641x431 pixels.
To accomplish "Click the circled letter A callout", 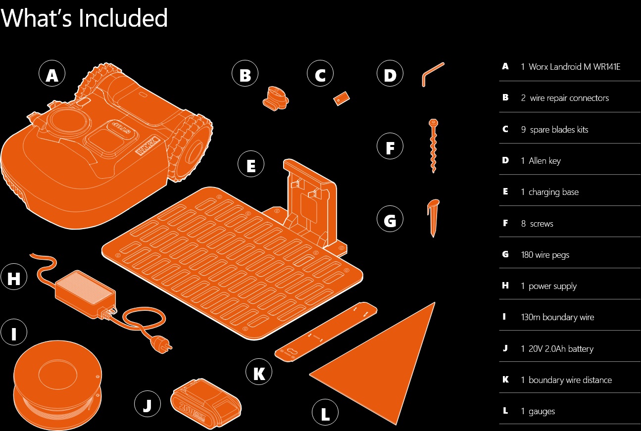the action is click(x=52, y=74).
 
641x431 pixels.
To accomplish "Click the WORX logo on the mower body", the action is click(x=148, y=145).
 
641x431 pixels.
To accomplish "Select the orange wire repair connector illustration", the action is click(x=276, y=98).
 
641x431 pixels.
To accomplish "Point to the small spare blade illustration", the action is click(x=342, y=98).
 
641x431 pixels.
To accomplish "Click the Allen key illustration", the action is click(x=433, y=74).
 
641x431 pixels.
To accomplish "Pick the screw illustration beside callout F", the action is click(x=433, y=146).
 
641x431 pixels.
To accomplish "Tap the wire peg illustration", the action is click(x=433, y=218).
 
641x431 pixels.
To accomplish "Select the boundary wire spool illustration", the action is click(x=57, y=384).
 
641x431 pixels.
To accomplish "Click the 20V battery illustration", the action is click(x=205, y=403).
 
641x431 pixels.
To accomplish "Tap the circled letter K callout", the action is click(x=259, y=372).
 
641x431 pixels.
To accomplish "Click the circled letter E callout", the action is click(x=251, y=164).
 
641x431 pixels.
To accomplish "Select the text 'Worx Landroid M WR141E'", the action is click(x=574, y=67).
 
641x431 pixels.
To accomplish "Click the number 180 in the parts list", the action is click(x=527, y=254).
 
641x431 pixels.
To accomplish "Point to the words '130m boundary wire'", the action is click(x=557, y=317).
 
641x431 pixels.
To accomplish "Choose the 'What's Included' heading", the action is click(x=84, y=18).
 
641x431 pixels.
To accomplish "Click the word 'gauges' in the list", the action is click(x=542, y=411).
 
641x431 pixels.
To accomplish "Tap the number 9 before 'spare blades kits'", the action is click(x=523, y=130).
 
